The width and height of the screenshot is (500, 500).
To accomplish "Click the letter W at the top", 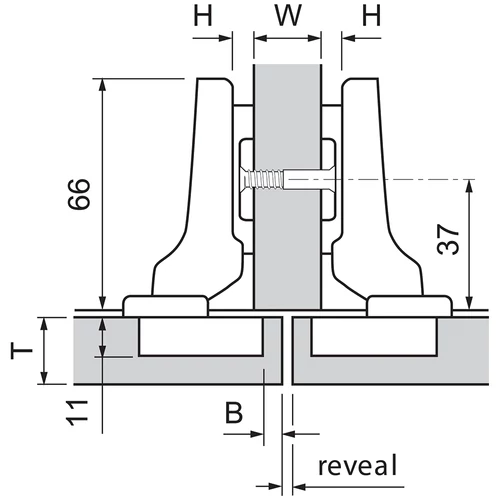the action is click(288, 16).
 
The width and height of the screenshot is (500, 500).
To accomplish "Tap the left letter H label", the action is click(203, 16).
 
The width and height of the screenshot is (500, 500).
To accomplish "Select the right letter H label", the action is click(371, 16).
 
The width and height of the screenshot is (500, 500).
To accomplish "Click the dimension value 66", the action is click(79, 194).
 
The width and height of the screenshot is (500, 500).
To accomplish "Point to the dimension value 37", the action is click(448, 239).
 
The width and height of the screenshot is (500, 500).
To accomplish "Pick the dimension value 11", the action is click(78, 413).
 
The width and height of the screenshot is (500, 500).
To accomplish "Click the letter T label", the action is click(22, 352).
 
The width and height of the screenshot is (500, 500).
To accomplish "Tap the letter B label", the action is click(234, 412).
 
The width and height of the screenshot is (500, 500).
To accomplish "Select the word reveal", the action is click(358, 465).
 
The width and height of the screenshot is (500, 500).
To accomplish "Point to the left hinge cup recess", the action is click(201, 336).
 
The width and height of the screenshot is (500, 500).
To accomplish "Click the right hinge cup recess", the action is click(374, 336).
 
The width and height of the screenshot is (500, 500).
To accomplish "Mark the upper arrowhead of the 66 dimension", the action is click(103, 85).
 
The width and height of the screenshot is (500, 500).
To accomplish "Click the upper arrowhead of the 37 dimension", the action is click(470, 186).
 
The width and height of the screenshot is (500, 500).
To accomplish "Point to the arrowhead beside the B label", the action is click(257, 434).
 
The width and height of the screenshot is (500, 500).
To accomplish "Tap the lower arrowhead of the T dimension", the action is click(44, 378).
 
